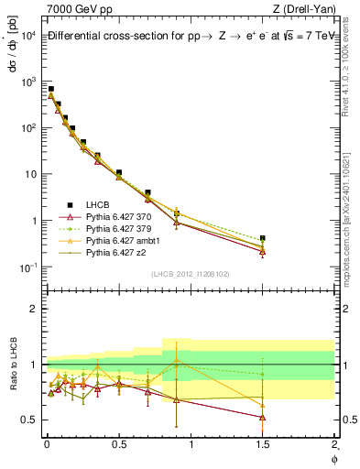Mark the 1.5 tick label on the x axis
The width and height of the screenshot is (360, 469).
tap(263, 444)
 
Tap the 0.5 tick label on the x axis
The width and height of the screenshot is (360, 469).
tap(118, 444)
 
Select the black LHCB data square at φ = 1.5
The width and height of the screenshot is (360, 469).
tap(263, 238)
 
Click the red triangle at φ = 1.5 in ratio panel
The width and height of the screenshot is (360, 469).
tap(263, 417)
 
